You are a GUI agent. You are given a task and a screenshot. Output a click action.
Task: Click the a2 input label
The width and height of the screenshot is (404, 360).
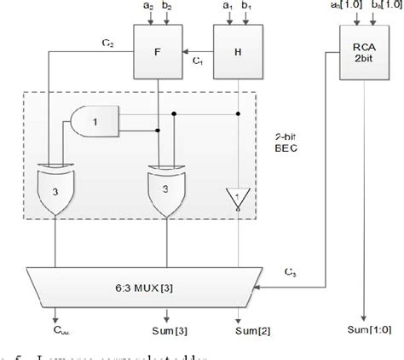coord(147,8)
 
